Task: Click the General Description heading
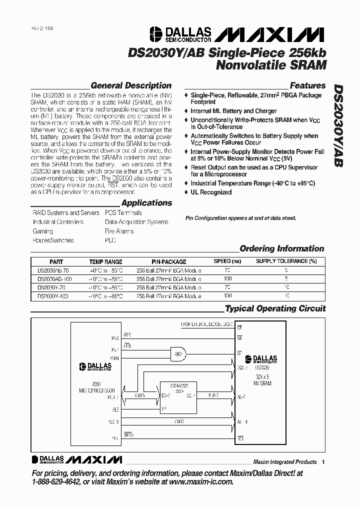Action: [131, 85]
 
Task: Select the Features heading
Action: [307, 85]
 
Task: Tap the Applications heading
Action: [146, 203]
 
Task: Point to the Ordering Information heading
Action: [282, 248]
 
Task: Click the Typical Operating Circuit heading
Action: [275, 308]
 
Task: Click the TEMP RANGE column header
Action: [105, 261]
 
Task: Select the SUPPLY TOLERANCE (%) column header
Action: [286, 261]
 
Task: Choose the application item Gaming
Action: [43, 231]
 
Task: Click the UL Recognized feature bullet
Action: [211, 192]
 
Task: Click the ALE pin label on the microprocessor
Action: [115, 408]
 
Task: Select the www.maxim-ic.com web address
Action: [201, 482]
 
